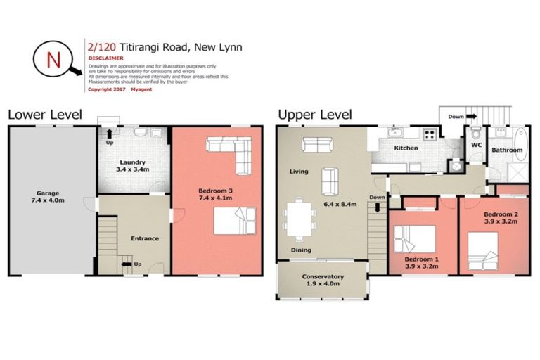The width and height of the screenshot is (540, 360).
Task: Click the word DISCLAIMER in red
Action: click(x=105, y=58)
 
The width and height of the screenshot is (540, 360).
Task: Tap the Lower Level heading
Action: click(x=44, y=115)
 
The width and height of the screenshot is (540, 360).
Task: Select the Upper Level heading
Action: click(x=315, y=115)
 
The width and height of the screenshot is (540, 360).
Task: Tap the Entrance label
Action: click(x=143, y=238)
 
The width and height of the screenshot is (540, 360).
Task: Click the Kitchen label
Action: click(x=406, y=148)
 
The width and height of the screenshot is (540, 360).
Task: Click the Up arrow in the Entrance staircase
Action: click(x=129, y=264)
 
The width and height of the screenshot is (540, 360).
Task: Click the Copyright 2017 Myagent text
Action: click(x=118, y=89)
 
